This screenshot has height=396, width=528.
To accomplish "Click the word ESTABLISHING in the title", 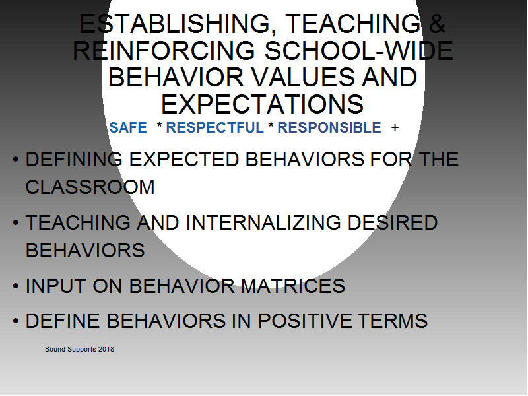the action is click(175, 24).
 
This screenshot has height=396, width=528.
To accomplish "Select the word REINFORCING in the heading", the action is click(164, 51).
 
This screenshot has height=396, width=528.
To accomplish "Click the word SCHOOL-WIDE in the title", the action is click(358, 51).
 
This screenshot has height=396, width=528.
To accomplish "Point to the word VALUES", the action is click(303, 77).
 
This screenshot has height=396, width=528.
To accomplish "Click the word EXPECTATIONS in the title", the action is click(262, 104).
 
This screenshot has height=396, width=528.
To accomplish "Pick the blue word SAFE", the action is click(128, 128).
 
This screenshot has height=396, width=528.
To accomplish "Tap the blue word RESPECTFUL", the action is click(215, 128).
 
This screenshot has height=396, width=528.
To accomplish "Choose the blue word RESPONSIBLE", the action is click(329, 128).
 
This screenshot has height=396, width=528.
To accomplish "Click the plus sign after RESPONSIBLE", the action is click(395, 128).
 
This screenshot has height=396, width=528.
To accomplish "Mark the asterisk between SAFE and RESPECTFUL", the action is click(159, 125).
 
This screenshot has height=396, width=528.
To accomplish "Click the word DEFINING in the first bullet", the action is click(74, 159).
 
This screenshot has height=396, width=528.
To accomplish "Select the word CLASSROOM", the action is click(90, 187).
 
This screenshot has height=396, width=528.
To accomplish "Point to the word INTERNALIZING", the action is click(263, 222).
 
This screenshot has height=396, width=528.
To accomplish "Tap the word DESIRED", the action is click(393, 222).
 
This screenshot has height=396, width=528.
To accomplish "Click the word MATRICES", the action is click(293, 286).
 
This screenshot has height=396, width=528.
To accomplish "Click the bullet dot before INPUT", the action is click(16, 286).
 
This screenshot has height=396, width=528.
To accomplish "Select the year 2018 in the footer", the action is click(106, 350).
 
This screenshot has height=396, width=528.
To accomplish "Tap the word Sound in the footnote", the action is click(55, 350).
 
